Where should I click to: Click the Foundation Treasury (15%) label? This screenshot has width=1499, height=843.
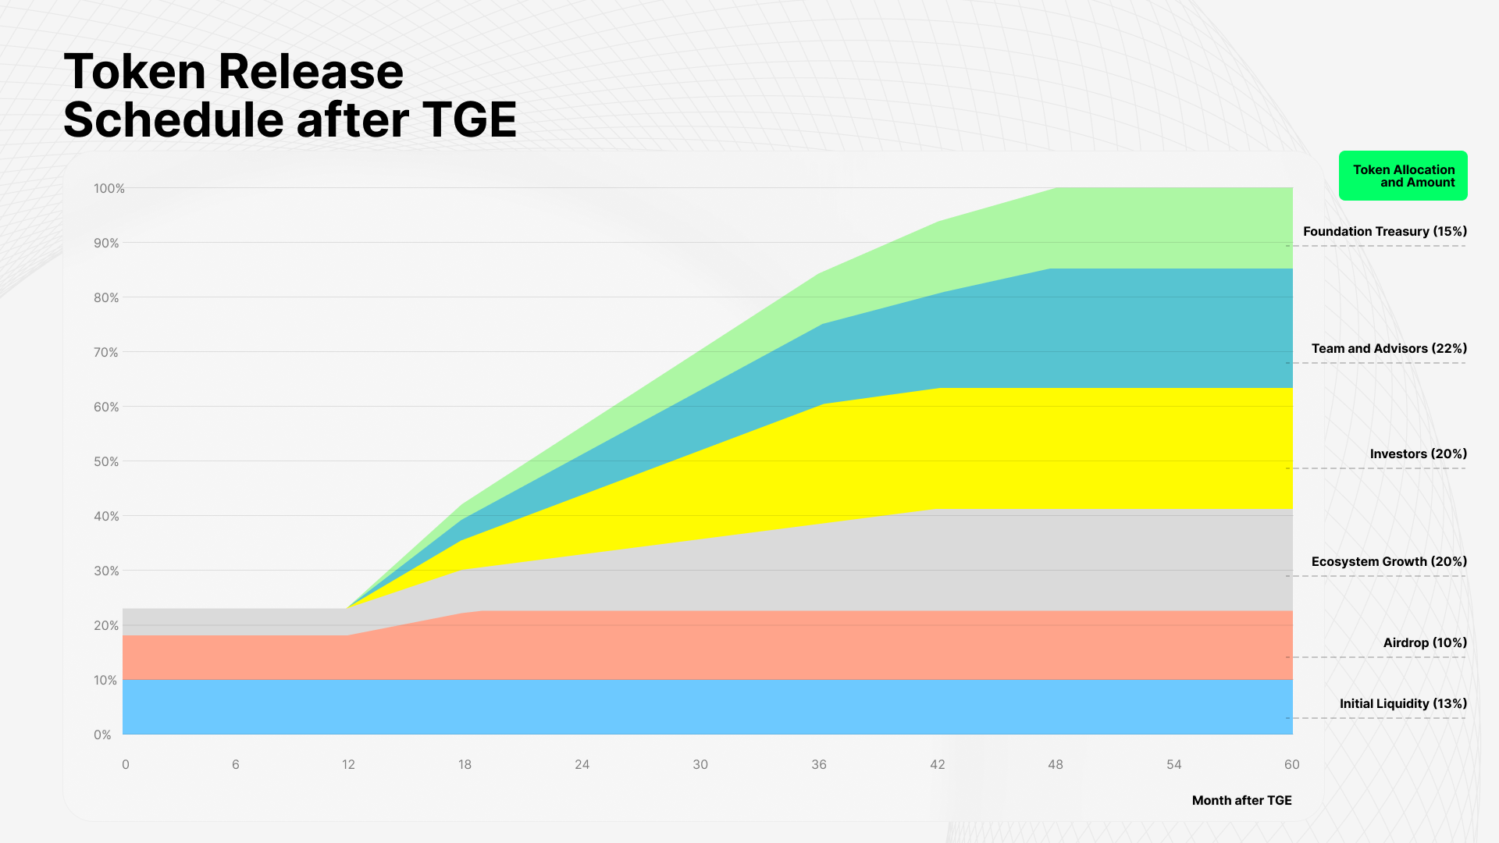1384,232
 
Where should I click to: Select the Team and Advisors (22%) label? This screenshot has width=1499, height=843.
1389,349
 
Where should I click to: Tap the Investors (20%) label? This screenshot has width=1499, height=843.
1418,454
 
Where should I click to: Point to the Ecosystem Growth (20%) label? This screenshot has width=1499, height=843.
1389,562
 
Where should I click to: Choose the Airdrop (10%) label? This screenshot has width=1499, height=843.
1425,643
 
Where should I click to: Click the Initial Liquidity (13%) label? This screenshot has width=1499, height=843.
1403,704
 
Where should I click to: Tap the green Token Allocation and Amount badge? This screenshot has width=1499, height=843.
1403,176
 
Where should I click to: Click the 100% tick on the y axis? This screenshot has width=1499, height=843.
109,189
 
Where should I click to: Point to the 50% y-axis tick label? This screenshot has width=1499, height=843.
106,462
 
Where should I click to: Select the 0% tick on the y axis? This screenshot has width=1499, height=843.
102,735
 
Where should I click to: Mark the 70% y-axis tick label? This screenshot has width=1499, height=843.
106,353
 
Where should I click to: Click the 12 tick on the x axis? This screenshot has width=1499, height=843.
348,765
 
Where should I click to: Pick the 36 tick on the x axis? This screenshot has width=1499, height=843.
819,765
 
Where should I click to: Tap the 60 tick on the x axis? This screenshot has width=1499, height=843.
1292,765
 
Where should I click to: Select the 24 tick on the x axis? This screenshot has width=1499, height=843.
582,765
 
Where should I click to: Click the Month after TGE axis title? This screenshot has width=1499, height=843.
1241,801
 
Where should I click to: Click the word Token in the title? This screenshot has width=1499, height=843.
134,72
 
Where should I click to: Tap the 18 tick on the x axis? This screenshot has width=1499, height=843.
465,765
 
